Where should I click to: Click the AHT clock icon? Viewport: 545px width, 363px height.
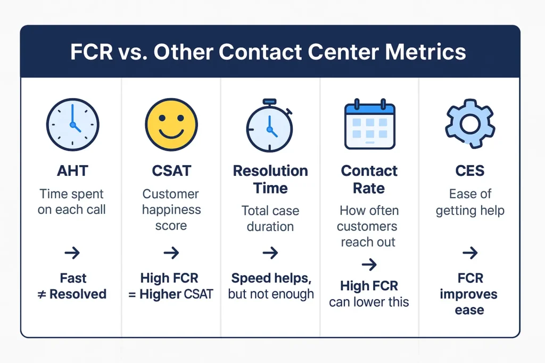point(72,124)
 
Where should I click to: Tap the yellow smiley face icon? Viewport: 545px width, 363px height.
point(171,124)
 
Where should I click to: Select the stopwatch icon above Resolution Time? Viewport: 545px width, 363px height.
point(270,125)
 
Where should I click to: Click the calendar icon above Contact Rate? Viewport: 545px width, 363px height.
point(370,124)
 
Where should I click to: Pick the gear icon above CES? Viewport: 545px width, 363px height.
point(470,124)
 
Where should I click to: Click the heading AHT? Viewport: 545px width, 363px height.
point(72,171)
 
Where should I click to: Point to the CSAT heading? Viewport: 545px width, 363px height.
point(171,171)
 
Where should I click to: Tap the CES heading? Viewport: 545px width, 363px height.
point(470,171)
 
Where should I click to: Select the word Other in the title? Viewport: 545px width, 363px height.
point(184,52)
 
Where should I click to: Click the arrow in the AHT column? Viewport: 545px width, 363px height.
point(72,252)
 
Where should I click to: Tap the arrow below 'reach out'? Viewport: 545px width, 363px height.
point(369,265)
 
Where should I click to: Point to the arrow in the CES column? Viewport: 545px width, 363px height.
point(470,252)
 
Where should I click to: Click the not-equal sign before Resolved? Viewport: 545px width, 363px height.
point(42,294)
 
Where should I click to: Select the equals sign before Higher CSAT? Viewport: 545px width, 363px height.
point(132,294)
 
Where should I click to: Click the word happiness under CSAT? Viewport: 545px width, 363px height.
point(171,210)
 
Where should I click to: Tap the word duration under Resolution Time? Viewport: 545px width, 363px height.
point(270,226)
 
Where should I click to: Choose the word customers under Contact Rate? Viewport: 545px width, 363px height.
point(367,226)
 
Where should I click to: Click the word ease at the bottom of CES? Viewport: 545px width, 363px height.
point(469,310)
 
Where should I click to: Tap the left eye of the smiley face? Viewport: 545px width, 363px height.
point(162,119)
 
